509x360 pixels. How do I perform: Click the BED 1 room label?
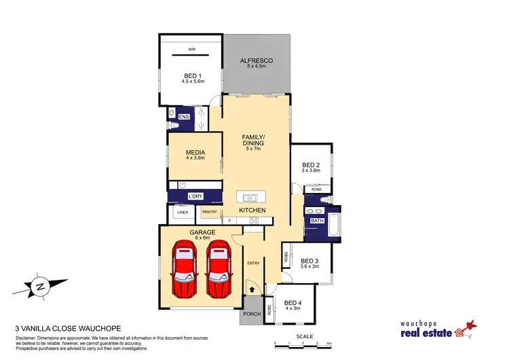click(x=192, y=75)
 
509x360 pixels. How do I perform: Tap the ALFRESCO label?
click(x=257, y=61)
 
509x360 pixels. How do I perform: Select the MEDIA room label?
click(x=195, y=153)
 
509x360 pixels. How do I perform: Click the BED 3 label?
click(x=309, y=261)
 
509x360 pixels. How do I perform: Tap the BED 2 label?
click(x=311, y=165)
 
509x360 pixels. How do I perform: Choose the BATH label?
click(x=317, y=221)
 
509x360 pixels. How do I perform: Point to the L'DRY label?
click(x=195, y=197)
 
